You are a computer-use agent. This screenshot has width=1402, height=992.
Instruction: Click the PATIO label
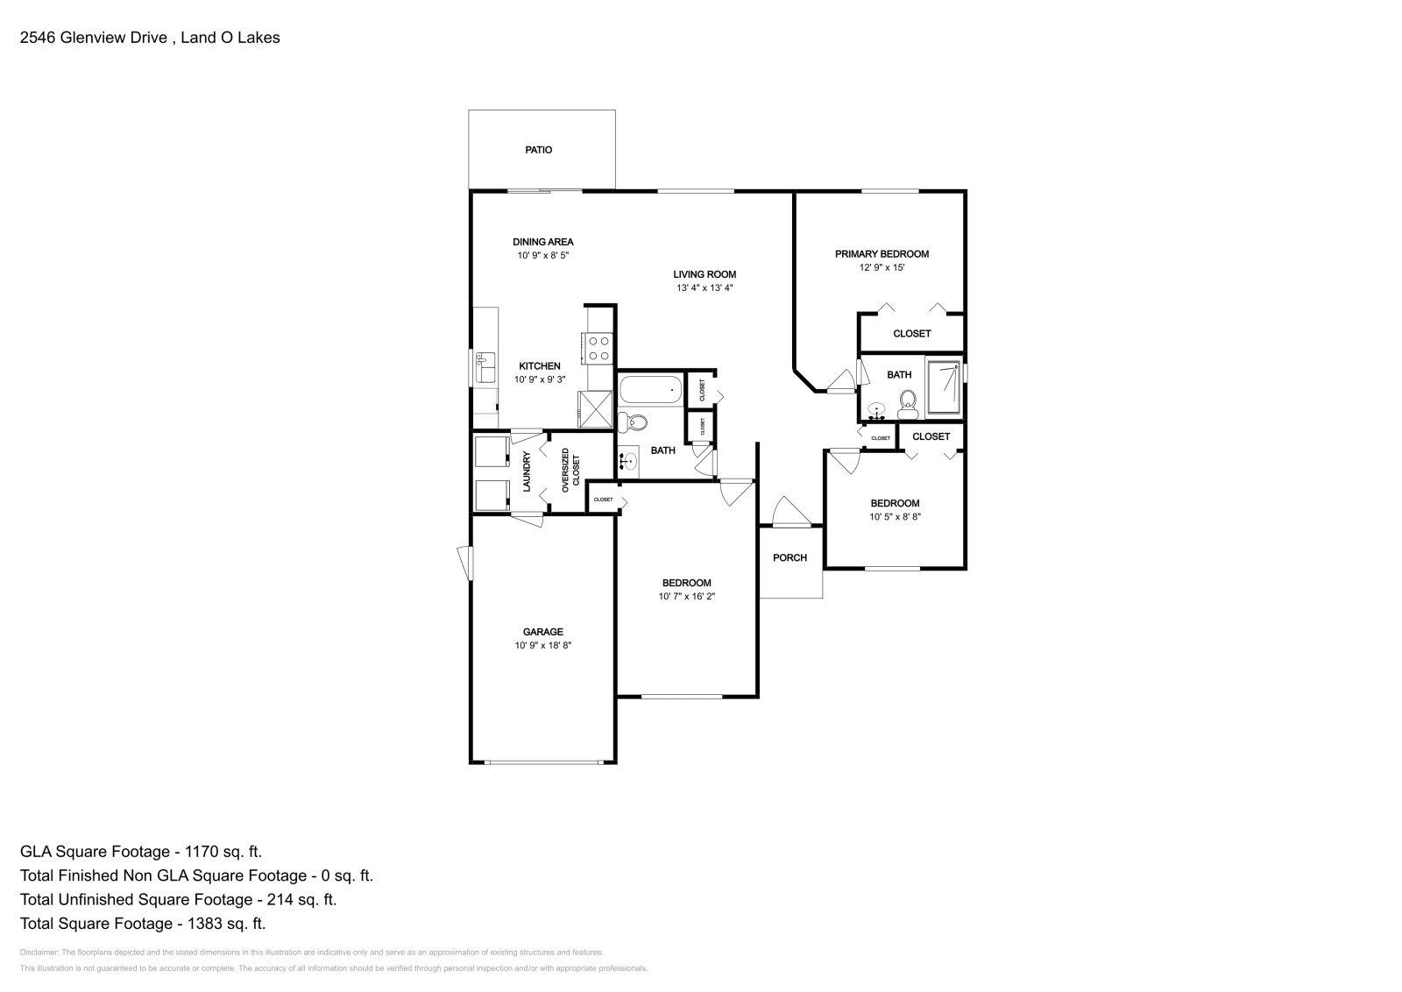click(538, 150)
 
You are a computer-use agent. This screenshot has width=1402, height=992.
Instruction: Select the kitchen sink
click(485, 367)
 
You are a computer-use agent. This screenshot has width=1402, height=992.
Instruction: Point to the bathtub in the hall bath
click(651, 390)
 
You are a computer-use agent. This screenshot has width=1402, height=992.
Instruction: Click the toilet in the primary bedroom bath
click(908, 404)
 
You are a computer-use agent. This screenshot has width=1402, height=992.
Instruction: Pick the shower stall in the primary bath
click(943, 387)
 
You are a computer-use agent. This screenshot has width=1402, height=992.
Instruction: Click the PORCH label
click(790, 557)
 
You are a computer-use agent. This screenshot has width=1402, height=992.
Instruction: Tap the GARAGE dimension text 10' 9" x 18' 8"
click(543, 645)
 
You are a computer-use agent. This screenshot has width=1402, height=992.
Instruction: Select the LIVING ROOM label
click(705, 274)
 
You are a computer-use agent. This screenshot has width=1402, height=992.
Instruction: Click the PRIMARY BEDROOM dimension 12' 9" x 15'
click(882, 267)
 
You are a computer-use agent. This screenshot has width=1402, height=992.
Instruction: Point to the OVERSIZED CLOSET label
click(570, 470)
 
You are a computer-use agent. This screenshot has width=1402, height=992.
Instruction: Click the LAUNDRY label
click(527, 471)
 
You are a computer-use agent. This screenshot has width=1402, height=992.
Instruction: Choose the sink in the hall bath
click(627, 461)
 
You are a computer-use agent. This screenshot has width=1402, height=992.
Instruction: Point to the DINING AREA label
click(543, 242)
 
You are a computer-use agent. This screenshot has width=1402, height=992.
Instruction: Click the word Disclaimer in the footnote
click(39, 953)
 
